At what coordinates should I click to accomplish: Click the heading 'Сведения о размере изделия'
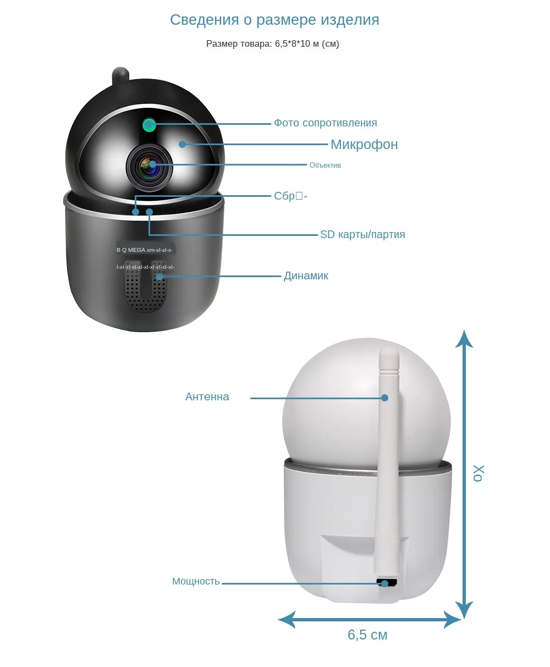point(274,20)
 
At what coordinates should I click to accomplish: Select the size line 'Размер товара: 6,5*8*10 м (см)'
point(272,44)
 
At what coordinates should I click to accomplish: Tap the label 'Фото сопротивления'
point(325,123)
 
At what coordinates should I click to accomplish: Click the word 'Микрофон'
point(364,145)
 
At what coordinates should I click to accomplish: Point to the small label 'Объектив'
point(325,166)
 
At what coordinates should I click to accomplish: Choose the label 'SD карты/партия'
point(362,235)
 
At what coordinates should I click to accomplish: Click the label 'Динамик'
point(306,276)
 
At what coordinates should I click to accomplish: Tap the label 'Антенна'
point(207,397)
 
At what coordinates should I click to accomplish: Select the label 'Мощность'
point(196,582)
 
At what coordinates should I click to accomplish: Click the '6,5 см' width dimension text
point(367,635)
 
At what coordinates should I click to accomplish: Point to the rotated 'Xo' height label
point(479,473)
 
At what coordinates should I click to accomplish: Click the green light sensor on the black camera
point(148,125)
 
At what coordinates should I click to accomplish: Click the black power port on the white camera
point(387,583)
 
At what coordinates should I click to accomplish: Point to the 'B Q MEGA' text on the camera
point(131,250)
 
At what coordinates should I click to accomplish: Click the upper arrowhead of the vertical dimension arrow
point(465,338)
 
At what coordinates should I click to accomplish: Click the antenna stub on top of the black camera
point(120,76)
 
